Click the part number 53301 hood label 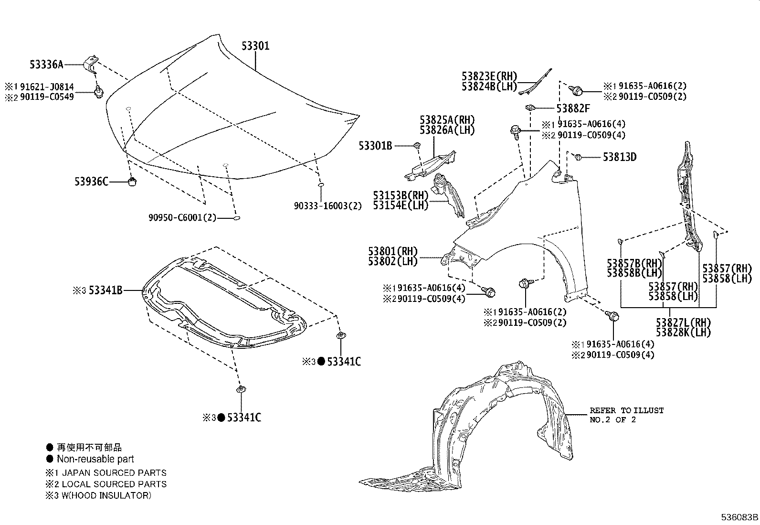coord(255,46)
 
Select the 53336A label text coord(46,64)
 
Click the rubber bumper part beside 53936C coord(133,182)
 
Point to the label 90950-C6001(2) coord(182,218)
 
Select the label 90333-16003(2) coord(327,206)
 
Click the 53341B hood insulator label coord(106,290)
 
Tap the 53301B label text coord(375,146)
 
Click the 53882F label coord(573,108)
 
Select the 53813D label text coord(619,157)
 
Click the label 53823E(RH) coord(489,76)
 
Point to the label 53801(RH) coord(392,251)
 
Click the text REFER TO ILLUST coord(626,410)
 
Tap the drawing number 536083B coord(739,517)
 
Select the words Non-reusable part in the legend coord(95,459)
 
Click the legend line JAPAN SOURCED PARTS coord(114,473)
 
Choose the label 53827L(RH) coord(683,322)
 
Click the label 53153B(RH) coord(401,195)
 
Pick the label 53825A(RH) coord(447,119)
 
